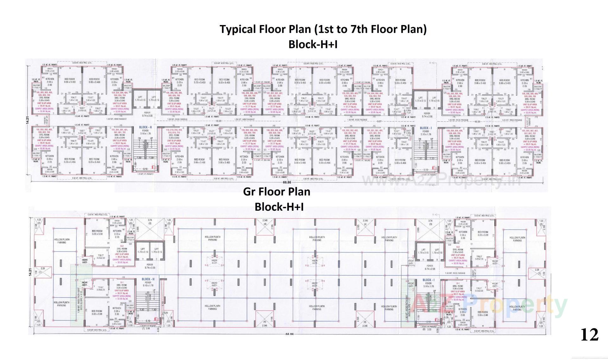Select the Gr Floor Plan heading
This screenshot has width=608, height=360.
276,191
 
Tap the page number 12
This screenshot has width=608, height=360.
589,335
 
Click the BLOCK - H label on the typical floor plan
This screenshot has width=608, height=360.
145,127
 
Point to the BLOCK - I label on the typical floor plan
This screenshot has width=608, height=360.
426,128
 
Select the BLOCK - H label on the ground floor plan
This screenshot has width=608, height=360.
148,279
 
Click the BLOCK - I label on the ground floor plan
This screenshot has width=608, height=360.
428,280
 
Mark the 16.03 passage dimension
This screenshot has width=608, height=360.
218,121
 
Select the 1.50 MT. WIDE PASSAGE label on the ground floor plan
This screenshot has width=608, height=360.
455,273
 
